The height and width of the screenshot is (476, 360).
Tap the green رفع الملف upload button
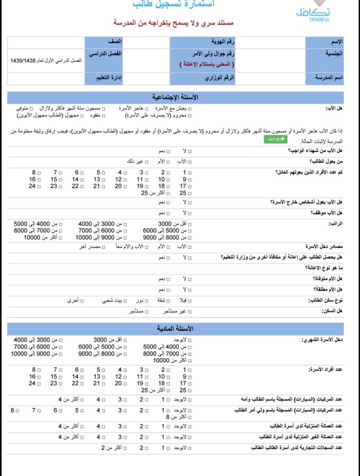275,139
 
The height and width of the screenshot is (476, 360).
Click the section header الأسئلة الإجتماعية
175,97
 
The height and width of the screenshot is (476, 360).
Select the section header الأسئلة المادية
175,328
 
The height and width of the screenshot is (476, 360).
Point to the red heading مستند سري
174,24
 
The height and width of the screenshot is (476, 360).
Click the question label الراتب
336,223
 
